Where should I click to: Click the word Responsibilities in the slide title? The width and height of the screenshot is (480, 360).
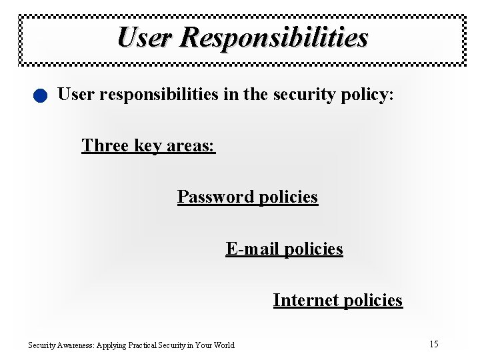pos(273,37)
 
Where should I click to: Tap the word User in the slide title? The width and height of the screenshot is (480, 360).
pos(144,37)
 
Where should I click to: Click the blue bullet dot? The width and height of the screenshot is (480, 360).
pos(41,96)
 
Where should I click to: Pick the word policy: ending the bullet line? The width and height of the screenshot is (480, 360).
pos(371,95)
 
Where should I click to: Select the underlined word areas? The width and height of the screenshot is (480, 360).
pos(190,145)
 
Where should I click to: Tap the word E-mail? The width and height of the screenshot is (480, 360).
pos(253,249)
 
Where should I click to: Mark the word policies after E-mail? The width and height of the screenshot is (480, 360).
pos(313,249)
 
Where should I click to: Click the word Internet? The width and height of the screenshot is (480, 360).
pos(303,300)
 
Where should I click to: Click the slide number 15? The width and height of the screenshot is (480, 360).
pos(434,344)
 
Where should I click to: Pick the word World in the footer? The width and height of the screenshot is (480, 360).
pos(223,345)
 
